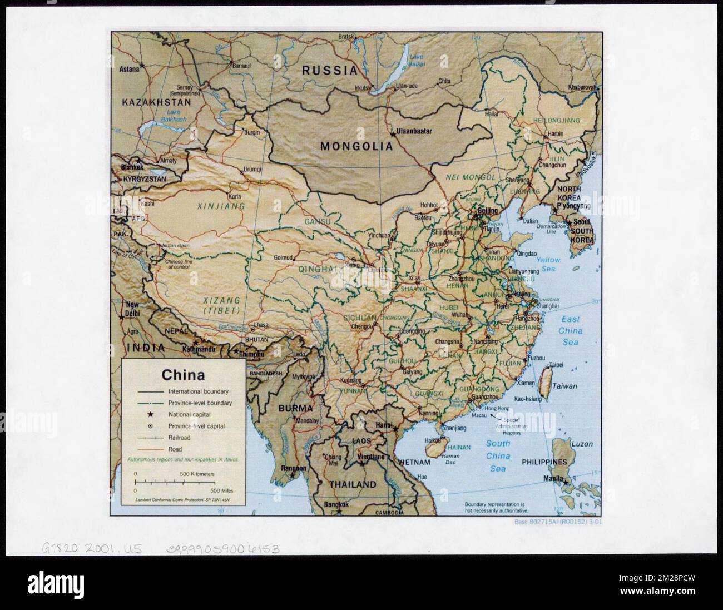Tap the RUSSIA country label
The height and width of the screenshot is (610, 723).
pyautogui.click(x=329, y=71)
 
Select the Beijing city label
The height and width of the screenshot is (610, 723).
pyautogui.click(x=487, y=211)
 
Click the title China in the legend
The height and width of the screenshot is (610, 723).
pyautogui.click(x=183, y=375)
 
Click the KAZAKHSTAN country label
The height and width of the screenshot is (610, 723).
pyautogui.click(x=156, y=102)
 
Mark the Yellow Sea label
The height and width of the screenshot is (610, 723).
pyautogui.click(x=548, y=264)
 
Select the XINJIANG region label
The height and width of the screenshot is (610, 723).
pyautogui.click(x=221, y=206)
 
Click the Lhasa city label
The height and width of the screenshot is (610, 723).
pyautogui.click(x=261, y=325)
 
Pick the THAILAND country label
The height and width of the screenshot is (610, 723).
pyautogui.click(x=352, y=484)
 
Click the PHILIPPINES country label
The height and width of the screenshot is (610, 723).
pyautogui.click(x=544, y=462)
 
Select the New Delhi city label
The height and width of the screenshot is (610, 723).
pyautogui.click(x=132, y=309)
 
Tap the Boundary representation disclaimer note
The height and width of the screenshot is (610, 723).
pyautogui.click(x=494, y=507)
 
